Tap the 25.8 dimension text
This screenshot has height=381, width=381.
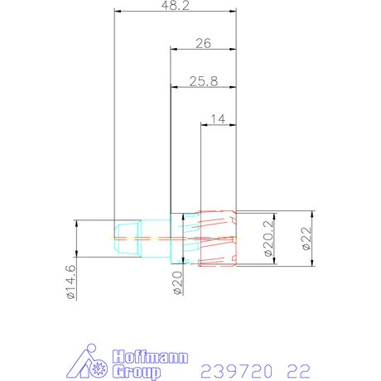203,80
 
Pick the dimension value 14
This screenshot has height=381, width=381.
219,119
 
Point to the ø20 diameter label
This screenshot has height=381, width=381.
176,283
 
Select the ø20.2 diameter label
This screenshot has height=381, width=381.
270,239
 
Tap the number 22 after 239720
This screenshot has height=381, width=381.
299,368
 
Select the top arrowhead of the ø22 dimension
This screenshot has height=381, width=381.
312,212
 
